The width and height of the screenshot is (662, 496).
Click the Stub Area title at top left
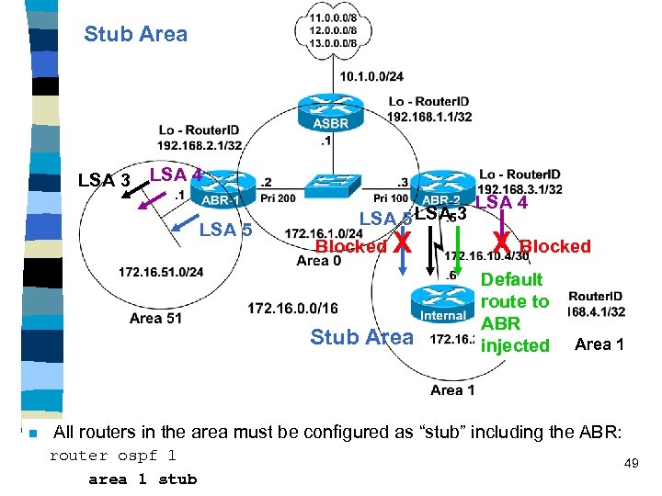(x=135, y=35)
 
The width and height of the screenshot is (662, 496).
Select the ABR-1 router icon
(x=221, y=191)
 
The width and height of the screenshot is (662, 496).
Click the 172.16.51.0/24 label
(x=161, y=272)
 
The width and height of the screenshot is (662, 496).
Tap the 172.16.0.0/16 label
(x=292, y=307)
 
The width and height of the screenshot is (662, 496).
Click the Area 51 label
(x=157, y=319)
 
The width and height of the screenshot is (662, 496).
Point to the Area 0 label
(x=319, y=261)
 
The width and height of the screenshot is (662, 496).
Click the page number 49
(x=631, y=464)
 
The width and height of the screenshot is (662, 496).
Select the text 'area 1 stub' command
(x=143, y=479)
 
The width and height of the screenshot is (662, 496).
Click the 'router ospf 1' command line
(x=112, y=457)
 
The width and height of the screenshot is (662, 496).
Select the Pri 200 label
(x=278, y=198)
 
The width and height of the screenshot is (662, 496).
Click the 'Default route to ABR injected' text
(x=515, y=312)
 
